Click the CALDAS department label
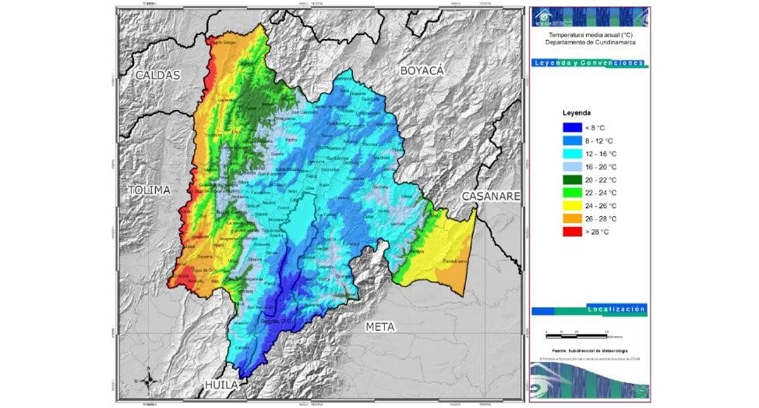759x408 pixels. click(157, 76)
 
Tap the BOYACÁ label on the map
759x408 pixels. click(422, 71)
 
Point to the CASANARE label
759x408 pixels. click(490, 197)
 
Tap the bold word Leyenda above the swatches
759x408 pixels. click(577, 112)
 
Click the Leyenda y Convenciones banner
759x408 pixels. click(589, 62)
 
